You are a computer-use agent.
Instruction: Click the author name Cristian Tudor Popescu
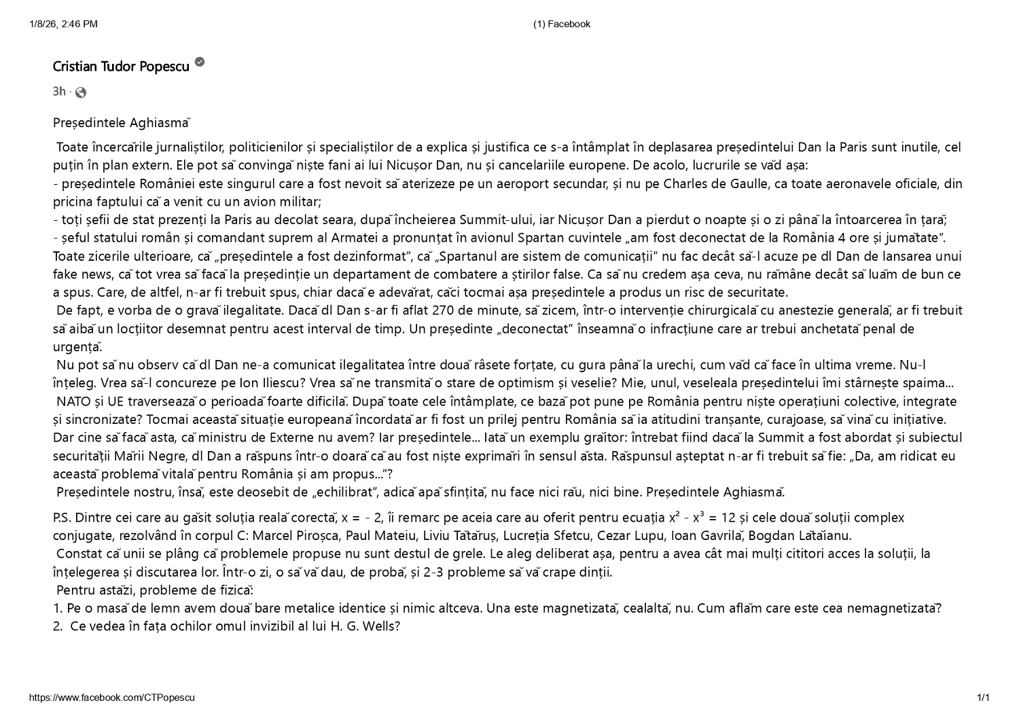[121, 67]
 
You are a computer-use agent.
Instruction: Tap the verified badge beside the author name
[200, 62]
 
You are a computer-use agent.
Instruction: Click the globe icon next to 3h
[81, 92]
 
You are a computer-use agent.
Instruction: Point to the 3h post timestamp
[59, 92]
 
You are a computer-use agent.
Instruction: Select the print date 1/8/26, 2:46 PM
[63, 24]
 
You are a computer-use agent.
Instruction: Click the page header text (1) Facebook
[562, 24]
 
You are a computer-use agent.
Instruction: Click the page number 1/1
[983, 698]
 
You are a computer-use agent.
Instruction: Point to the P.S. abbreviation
[62, 518]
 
